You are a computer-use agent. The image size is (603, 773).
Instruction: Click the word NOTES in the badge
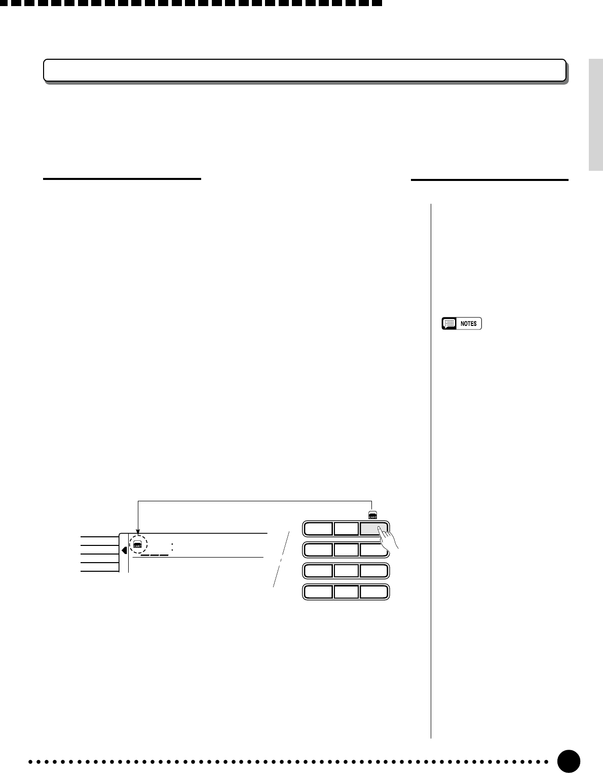(x=468, y=323)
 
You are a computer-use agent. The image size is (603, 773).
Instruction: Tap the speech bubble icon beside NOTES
(x=448, y=323)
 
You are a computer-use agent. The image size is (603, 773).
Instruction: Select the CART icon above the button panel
(x=372, y=515)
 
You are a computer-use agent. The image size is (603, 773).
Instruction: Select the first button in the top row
(x=318, y=529)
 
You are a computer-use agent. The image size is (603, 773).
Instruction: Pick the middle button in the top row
(x=346, y=529)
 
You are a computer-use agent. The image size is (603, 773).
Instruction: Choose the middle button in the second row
(x=346, y=550)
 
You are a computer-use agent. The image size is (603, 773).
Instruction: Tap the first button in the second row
(x=318, y=550)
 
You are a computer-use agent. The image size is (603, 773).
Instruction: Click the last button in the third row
(x=374, y=571)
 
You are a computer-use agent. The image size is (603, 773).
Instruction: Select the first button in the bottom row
(x=318, y=592)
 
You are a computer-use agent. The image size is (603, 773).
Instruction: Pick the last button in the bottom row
(x=374, y=592)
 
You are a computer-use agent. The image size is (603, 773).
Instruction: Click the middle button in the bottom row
(x=346, y=592)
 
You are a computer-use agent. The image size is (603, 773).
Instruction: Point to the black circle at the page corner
(x=569, y=761)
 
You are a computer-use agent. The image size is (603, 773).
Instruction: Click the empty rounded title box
(x=304, y=70)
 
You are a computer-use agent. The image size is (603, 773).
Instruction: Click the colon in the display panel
(x=173, y=547)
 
